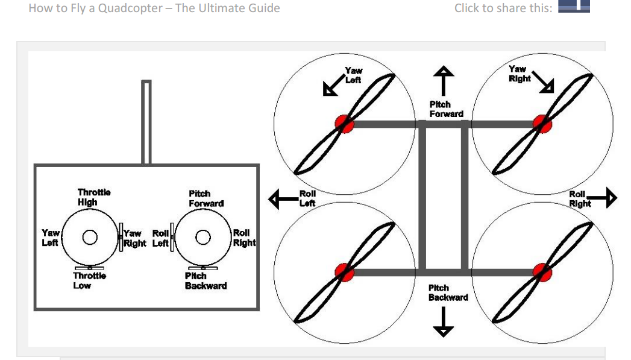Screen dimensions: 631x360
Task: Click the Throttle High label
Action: (94, 197)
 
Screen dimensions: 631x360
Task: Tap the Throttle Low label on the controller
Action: (89, 280)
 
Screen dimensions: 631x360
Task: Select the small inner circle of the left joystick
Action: (90, 237)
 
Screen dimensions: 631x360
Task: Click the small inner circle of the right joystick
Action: (203, 237)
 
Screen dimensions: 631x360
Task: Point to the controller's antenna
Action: (146, 122)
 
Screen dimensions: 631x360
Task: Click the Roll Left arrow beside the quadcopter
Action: (283, 199)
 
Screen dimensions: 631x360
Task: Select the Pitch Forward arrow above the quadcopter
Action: (444, 81)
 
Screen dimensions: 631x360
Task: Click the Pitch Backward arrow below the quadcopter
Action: (444, 321)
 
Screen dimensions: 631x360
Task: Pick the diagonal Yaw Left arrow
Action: (334, 86)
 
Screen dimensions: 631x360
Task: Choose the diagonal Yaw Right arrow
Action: (543, 83)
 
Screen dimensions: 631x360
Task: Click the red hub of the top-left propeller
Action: (345, 124)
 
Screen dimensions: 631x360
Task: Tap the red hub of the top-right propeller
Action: (542, 124)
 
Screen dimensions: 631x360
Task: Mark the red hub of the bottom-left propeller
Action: (345, 272)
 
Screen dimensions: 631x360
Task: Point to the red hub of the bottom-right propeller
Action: (542, 272)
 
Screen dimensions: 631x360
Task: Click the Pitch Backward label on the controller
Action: (206, 280)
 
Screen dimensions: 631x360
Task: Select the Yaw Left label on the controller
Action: (50, 238)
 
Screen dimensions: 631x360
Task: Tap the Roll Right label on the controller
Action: (244, 238)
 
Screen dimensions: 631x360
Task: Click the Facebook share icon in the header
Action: (574, 6)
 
